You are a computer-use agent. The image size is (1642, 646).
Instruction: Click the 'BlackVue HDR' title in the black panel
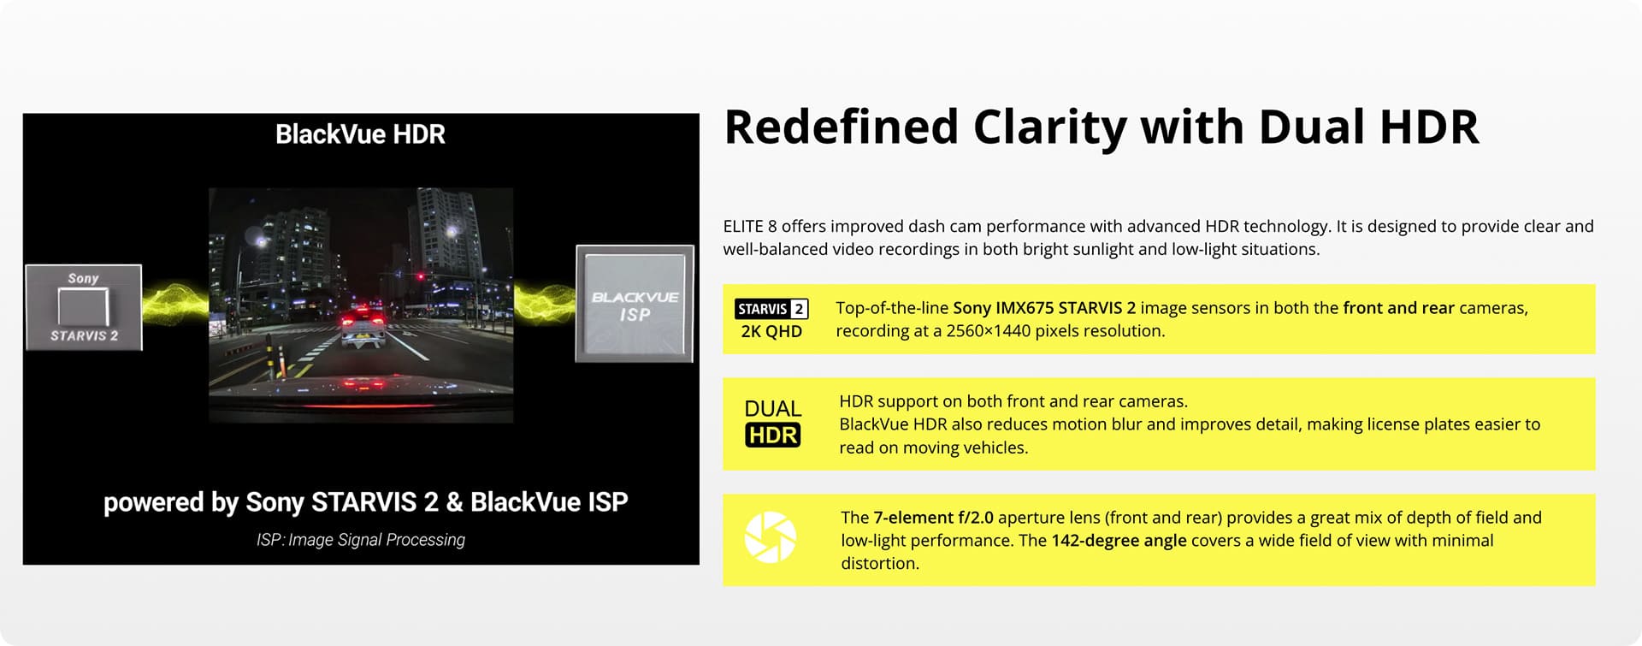[x=360, y=134]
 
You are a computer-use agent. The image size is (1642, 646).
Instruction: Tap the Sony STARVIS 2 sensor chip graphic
[x=84, y=307]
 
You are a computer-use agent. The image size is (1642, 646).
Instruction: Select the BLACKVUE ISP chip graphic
[x=635, y=304]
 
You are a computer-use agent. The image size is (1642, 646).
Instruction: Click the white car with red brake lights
[x=363, y=327]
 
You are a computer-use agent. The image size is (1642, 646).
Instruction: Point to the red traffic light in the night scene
[x=420, y=276]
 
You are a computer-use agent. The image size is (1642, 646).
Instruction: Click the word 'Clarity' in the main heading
[x=1049, y=127]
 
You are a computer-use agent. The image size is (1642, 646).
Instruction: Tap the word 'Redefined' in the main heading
[x=841, y=127]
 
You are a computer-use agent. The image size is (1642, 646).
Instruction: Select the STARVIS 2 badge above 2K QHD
[x=771, y=309]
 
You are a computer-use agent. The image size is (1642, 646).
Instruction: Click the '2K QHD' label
[x=771, y=331]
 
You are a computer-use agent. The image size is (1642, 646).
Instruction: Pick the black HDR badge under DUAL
[x=772, y=436]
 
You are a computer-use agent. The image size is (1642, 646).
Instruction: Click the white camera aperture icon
[x=771, y=537]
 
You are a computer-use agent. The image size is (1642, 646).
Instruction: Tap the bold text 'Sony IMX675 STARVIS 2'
[x=1044, y=308]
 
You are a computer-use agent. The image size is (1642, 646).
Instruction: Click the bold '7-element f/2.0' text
[x=933, y=518]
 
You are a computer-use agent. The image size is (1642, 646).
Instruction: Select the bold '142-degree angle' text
[x=1119, y=541]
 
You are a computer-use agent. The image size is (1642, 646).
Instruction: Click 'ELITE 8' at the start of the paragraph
[x=750, y=227]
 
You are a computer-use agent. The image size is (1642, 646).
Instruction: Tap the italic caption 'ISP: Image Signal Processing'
[x=361, y=540]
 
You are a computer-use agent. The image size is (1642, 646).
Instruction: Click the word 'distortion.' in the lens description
[x=880, y=564]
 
